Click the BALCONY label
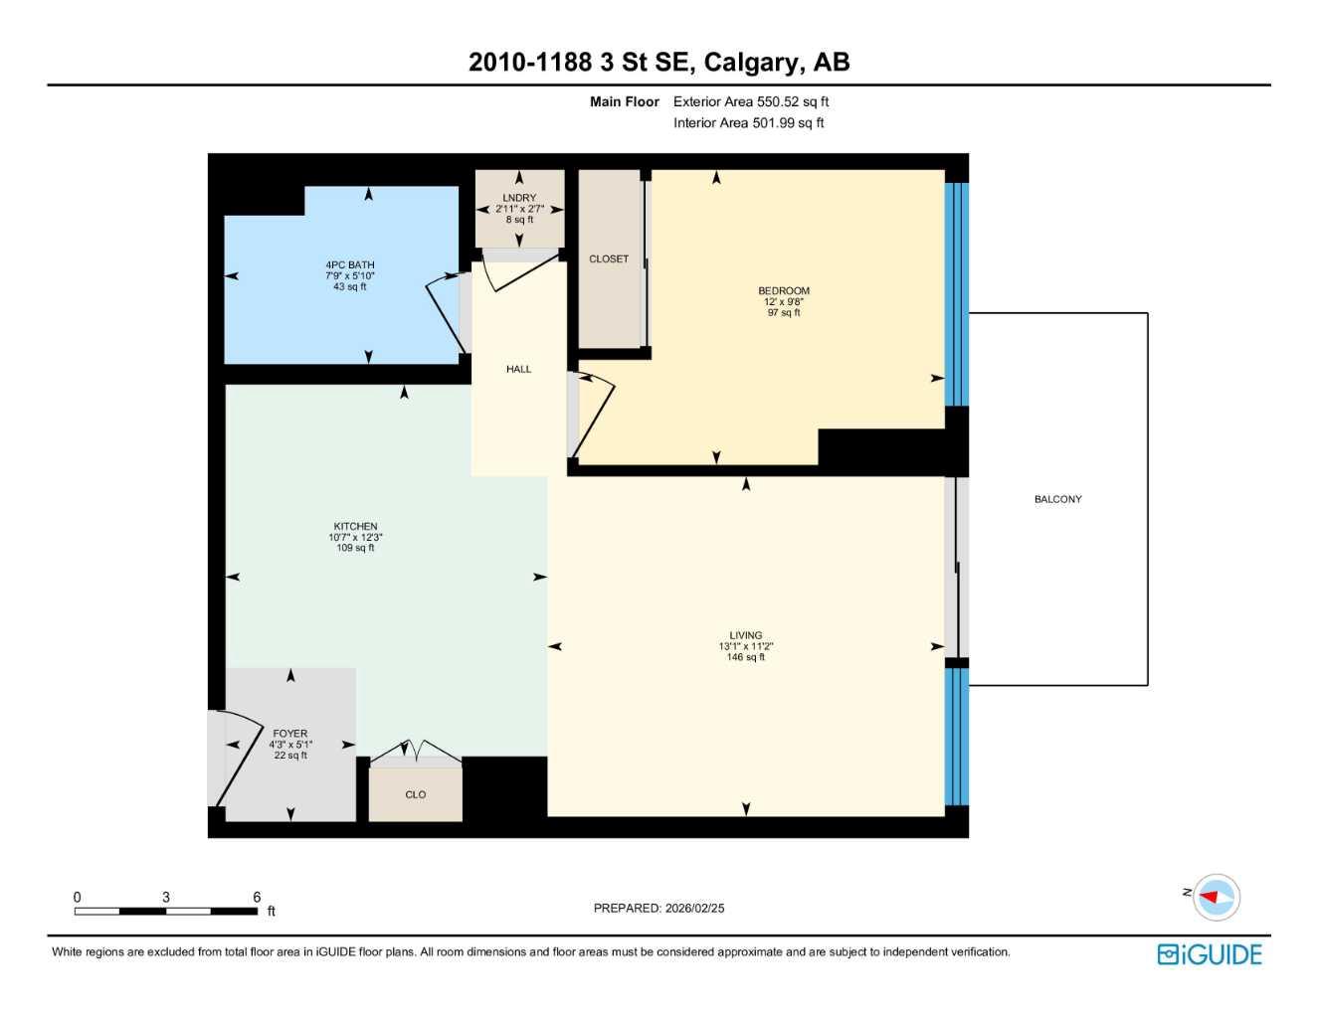(1057, 499)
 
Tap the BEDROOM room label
(783, 291)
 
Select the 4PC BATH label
(349, 265)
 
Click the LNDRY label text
(519, 198)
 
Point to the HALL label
(518, 369)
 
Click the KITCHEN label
(355, 527)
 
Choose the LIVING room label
(745, 635)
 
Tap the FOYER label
(289, 734)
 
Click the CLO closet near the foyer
(415, 794)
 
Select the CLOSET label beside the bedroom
(609, 258)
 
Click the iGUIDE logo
(1210, 954)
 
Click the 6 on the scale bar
(257, 897)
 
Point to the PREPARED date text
(659, 908)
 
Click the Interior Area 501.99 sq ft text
(748, 123)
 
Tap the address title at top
(659, 62)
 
